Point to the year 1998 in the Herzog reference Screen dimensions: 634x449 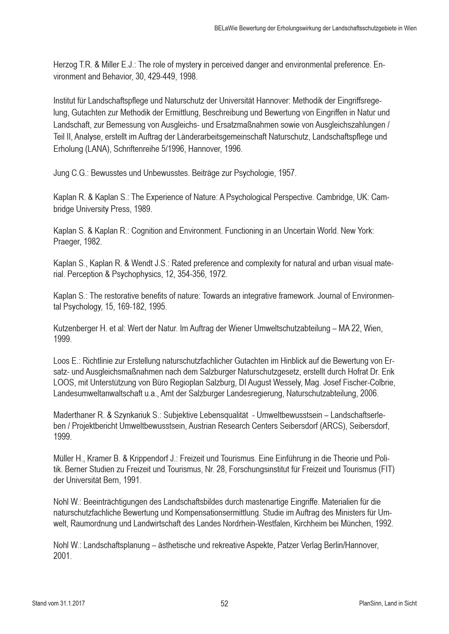188,77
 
